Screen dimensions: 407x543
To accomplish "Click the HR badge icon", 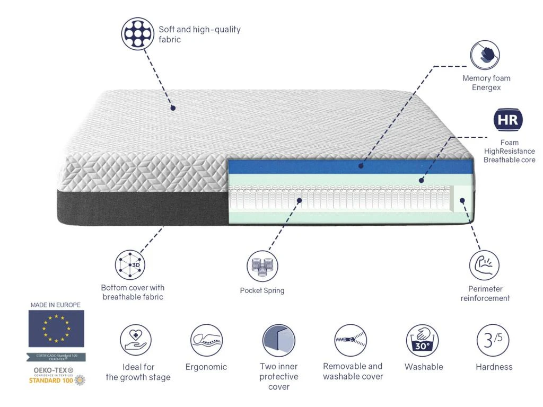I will (x=508, y=120).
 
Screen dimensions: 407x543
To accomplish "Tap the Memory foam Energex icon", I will (x=485, y=55).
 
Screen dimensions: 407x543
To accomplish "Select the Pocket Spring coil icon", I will (x=262, y=266).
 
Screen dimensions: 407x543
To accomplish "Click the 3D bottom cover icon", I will (x=130, y=264).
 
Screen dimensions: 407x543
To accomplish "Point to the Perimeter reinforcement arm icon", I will (x=484, y=266).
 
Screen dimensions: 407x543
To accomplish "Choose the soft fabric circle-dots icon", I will (x=138, y=33).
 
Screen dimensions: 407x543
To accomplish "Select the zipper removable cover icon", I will (x=351, y=340).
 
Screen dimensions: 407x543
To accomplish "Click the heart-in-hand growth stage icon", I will (x=136, y=340).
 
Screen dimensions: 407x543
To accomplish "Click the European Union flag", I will (x=56, y=329).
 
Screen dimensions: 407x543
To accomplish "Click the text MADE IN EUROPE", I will (x=56, y=305).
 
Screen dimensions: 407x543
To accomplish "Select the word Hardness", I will (x=494, y=367).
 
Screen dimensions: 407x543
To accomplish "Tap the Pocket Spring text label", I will (x=262, y=290).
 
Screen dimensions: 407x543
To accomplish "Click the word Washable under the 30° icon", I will (x=424, y=367).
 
